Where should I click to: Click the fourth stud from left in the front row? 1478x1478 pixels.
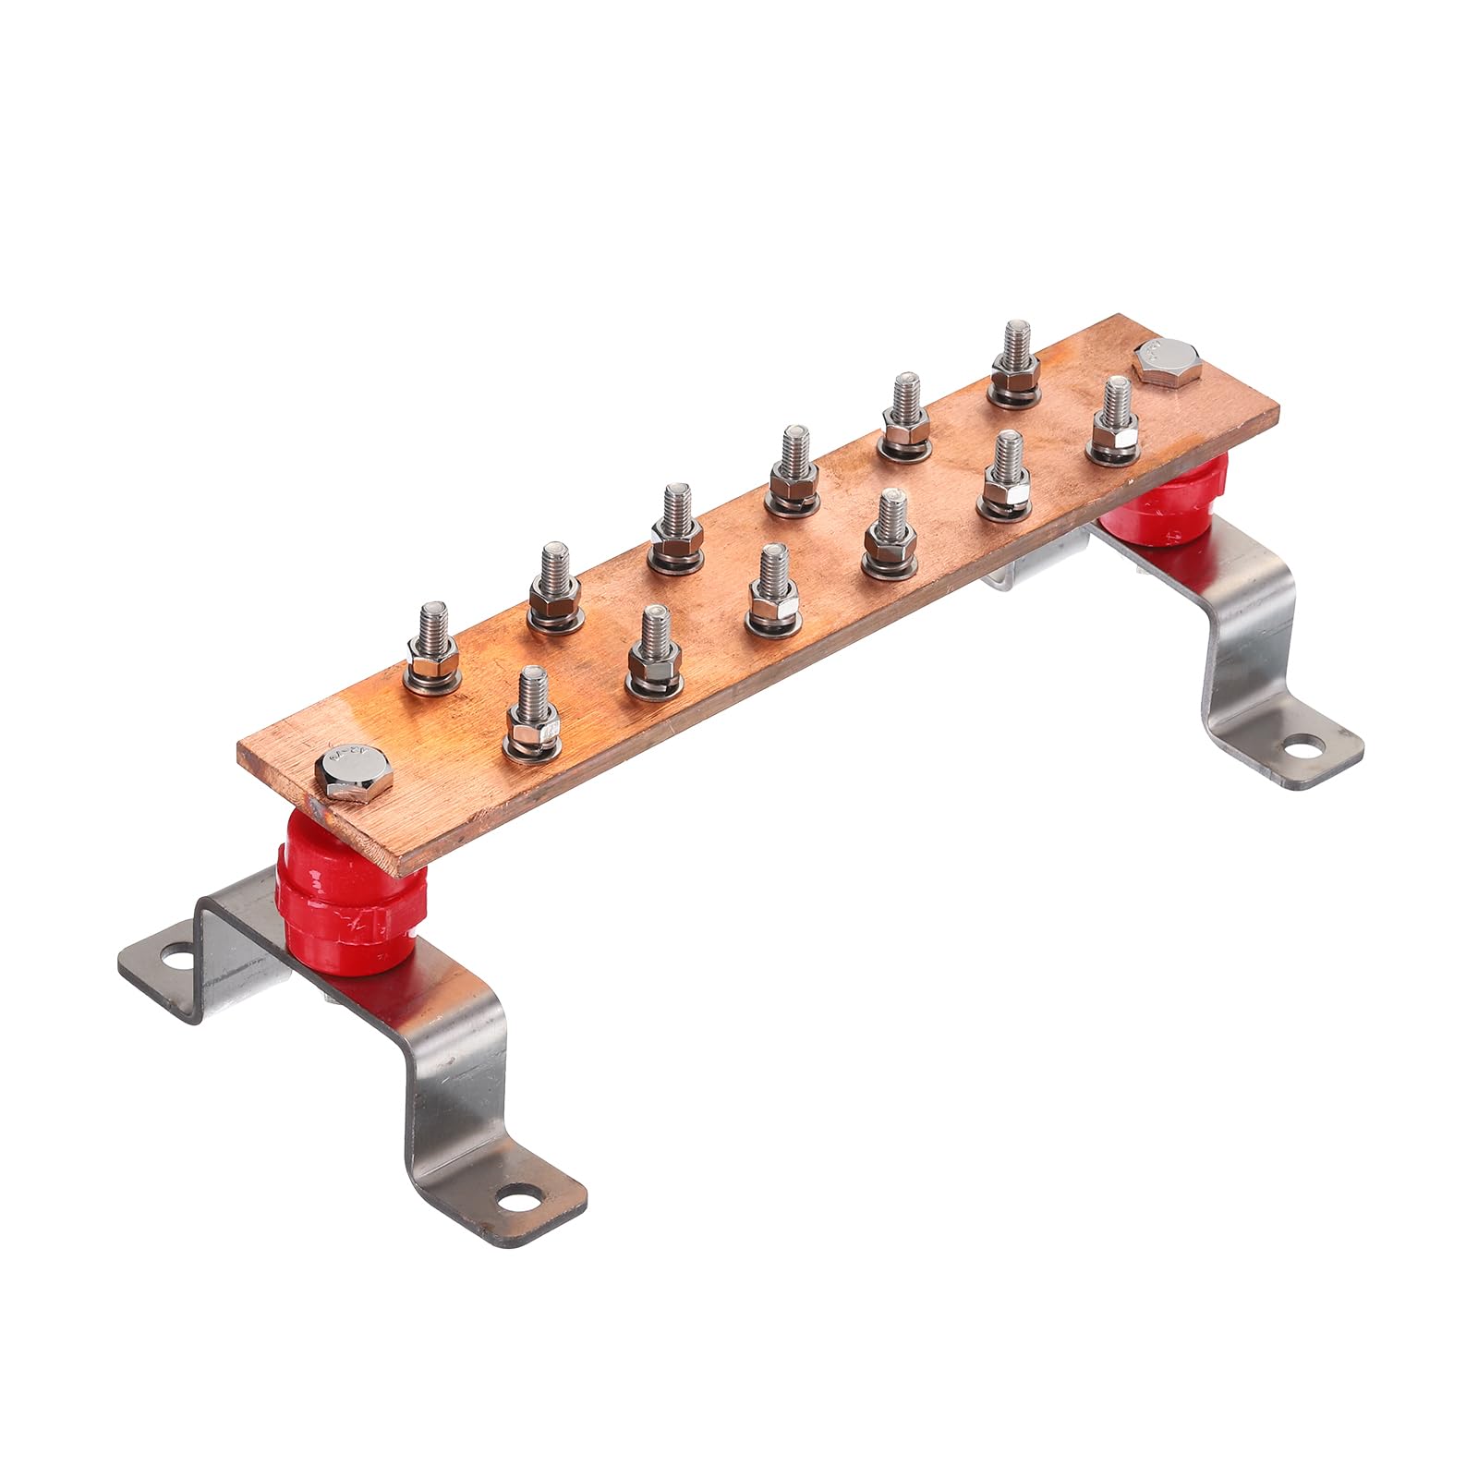point(889,533)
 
